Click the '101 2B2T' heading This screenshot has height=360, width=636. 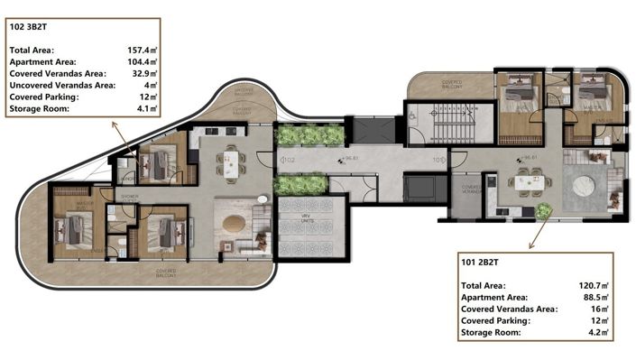(482, 264)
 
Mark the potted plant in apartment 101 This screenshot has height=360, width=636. (543, 211)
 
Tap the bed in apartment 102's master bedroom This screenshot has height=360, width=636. (73, 229)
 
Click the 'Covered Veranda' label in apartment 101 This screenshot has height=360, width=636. (470, 190)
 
